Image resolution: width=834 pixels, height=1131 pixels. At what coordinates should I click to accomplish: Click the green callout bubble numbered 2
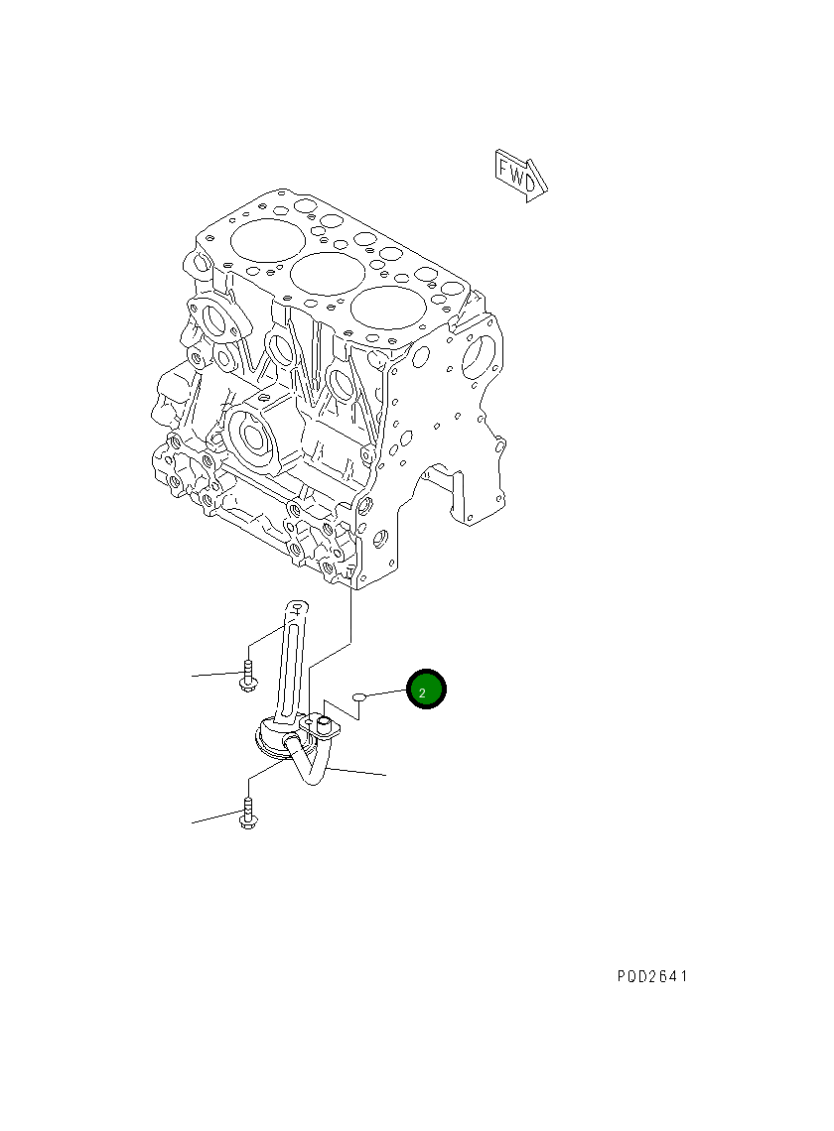(x=427, y=691)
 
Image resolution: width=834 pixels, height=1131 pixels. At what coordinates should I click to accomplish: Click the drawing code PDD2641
(x=651, y=976)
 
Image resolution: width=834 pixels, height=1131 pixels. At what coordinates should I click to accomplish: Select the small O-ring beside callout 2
(x=360, y=698)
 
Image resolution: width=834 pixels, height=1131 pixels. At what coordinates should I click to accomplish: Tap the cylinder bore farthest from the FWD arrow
(x=266, y=238)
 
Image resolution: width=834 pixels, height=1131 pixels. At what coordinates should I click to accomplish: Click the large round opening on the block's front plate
(x=481, y=353)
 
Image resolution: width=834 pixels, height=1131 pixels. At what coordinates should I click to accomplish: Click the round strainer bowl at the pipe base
(x=273, y=739)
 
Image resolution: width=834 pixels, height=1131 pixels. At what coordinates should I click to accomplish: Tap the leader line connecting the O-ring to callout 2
(x=387, y=694)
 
